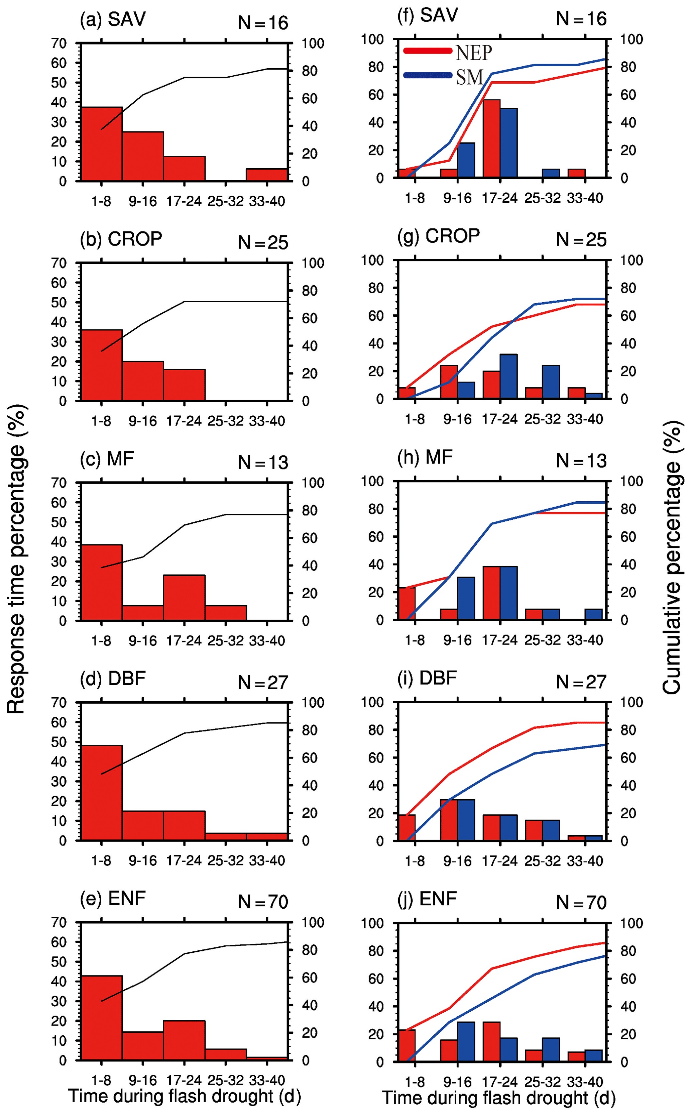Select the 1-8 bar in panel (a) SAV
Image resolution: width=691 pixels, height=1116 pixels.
click(x=101, y=144)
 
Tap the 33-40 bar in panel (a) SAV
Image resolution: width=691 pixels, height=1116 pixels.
click(x=267, y=175)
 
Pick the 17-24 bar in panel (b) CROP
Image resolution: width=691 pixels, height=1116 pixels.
click(x=184, y=385)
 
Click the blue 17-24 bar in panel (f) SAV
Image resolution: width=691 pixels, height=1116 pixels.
click(x=509, y=143)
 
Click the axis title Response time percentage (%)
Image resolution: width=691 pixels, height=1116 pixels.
click(x=16, y=558)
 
